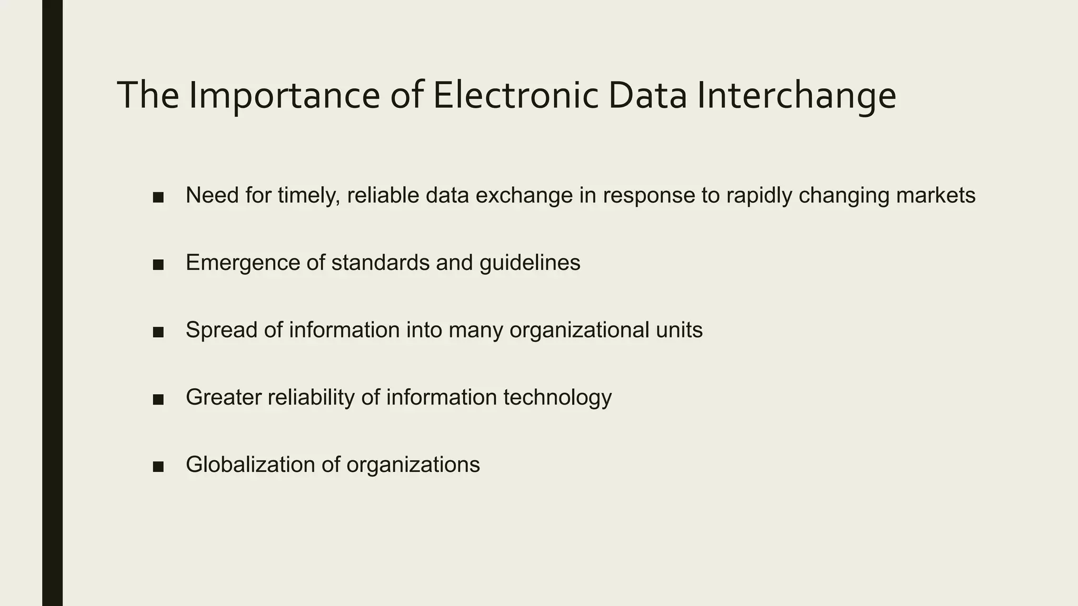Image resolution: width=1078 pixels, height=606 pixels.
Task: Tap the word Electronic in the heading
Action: [x=515, y=96]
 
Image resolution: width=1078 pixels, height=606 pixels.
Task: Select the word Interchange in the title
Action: [x=796, y=96]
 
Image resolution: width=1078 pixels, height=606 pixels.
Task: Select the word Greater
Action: [x=223, y=397]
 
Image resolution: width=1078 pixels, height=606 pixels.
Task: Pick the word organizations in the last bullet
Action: [x=413, y=464]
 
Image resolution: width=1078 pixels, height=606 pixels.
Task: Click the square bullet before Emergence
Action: [x=158, y=265]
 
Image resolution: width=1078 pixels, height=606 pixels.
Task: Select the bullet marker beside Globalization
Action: [x=158, y=467]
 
